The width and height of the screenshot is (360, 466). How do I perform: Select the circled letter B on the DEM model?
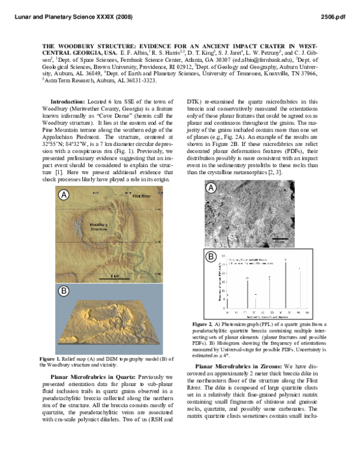63,291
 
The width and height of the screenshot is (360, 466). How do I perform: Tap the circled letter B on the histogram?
211,256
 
